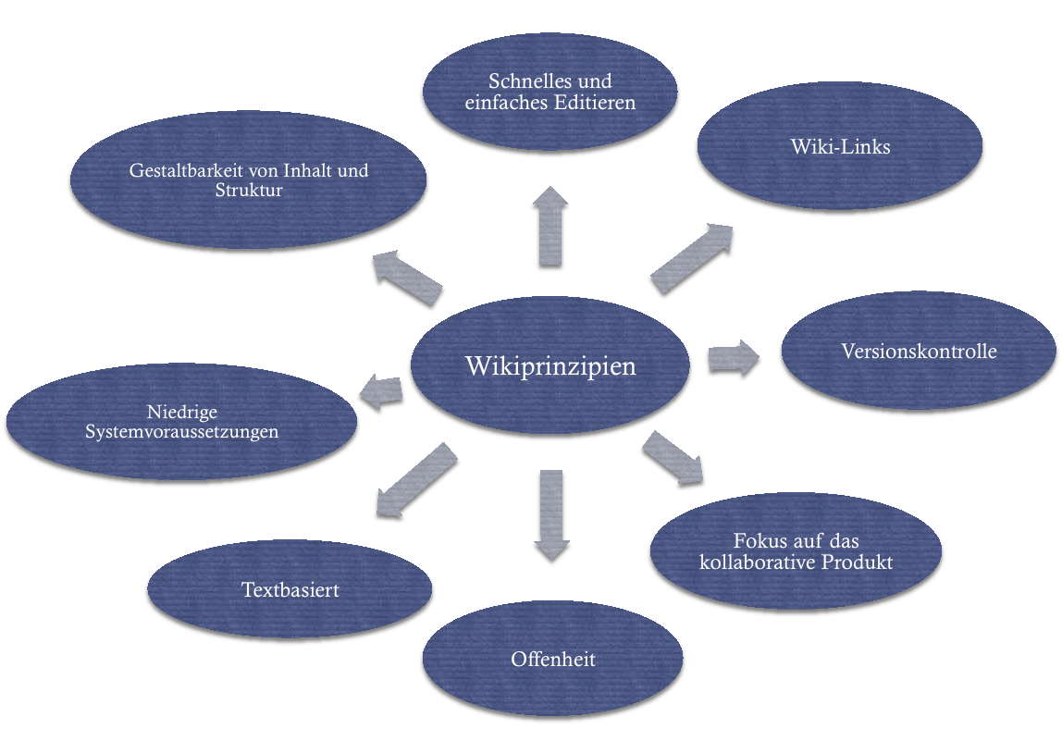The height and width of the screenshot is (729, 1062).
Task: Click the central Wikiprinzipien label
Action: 550,365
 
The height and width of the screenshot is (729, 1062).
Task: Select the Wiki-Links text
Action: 840,146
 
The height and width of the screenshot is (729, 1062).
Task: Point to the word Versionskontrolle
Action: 919,352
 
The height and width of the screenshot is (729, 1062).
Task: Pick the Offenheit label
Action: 552,660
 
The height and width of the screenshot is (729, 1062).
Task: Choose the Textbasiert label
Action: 290,589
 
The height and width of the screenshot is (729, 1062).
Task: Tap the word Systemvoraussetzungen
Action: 181,432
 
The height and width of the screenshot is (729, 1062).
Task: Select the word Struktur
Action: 248,192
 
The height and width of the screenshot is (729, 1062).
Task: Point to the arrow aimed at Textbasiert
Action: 416,479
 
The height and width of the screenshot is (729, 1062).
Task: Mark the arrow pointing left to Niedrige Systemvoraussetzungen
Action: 380,392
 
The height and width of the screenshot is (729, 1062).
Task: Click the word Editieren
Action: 594,102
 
